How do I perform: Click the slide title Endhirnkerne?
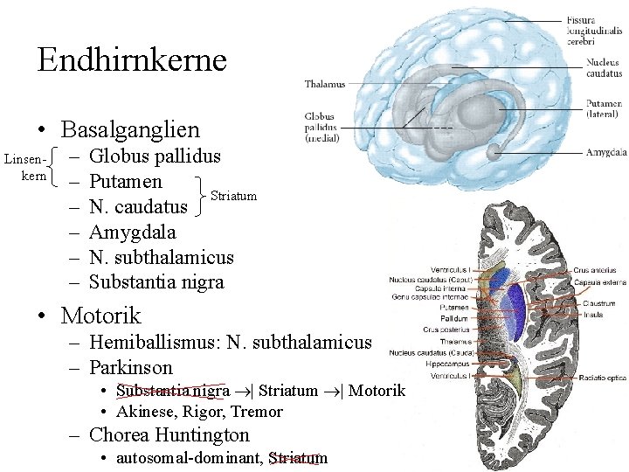132,59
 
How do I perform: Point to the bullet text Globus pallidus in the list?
155,157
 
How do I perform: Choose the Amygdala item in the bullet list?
133,232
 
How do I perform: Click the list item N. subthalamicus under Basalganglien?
162,257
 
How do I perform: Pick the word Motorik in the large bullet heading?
101,315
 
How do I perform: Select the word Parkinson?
131,368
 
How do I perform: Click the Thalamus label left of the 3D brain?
324,84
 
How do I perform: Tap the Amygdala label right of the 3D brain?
605,153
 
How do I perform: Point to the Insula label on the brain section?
592,314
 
